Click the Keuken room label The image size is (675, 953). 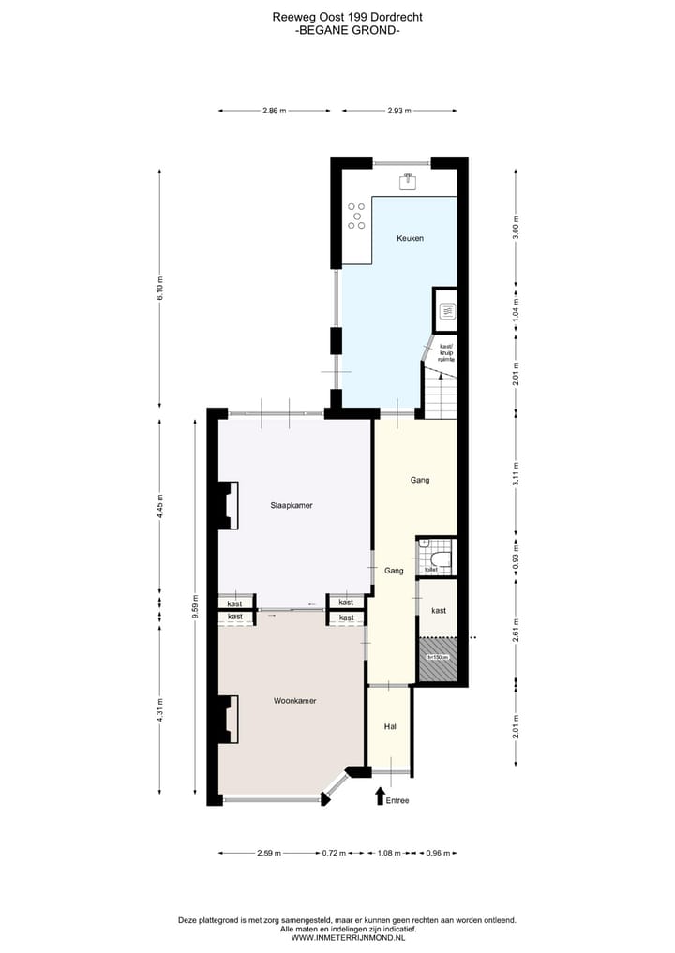click(410, 238)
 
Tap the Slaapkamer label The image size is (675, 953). click(291, 505)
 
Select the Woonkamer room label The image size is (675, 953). click(294, 700)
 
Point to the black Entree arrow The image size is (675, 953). click(380, 796)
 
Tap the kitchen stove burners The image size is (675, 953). click(356, 216)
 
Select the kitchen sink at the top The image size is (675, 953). click(409, 181)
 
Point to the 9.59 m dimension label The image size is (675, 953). click(195, 601)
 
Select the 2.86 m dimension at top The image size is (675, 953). click(274, 111)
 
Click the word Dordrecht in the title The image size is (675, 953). click(382, 17)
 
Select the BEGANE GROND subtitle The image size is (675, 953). click(348, 30)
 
